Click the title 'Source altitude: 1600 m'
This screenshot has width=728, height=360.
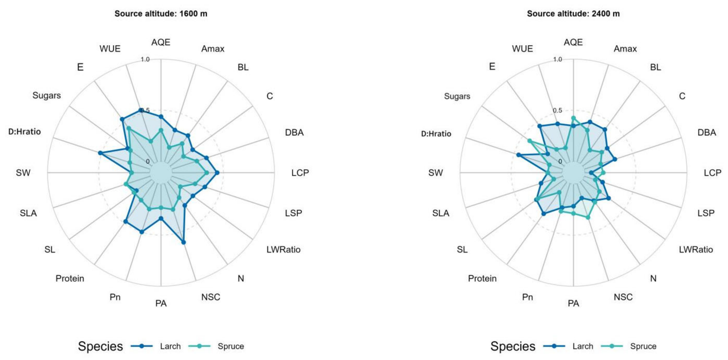[161, 14]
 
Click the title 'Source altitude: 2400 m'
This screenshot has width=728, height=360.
[573, 14]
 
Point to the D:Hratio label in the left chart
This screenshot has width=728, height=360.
[24, 132]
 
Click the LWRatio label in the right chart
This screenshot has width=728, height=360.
[696, 249]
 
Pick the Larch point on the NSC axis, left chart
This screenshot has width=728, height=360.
[184, 242]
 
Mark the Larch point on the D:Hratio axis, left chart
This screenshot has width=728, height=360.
[100, 153]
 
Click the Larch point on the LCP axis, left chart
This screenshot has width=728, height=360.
[217, 173]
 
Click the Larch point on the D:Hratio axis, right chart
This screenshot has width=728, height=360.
[518, 155]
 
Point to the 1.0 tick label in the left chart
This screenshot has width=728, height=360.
[145, 59]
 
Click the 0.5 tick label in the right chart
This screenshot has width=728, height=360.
[557, 110]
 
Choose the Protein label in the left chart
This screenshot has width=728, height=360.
[70, 278]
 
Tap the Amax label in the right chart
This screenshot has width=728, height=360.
[625, 48]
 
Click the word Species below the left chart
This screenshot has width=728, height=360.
[100, 346]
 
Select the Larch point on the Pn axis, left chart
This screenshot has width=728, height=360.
[142, 232]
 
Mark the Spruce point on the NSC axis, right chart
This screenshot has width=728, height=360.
[588, 217]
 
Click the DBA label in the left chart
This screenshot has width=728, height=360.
[294, 132]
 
